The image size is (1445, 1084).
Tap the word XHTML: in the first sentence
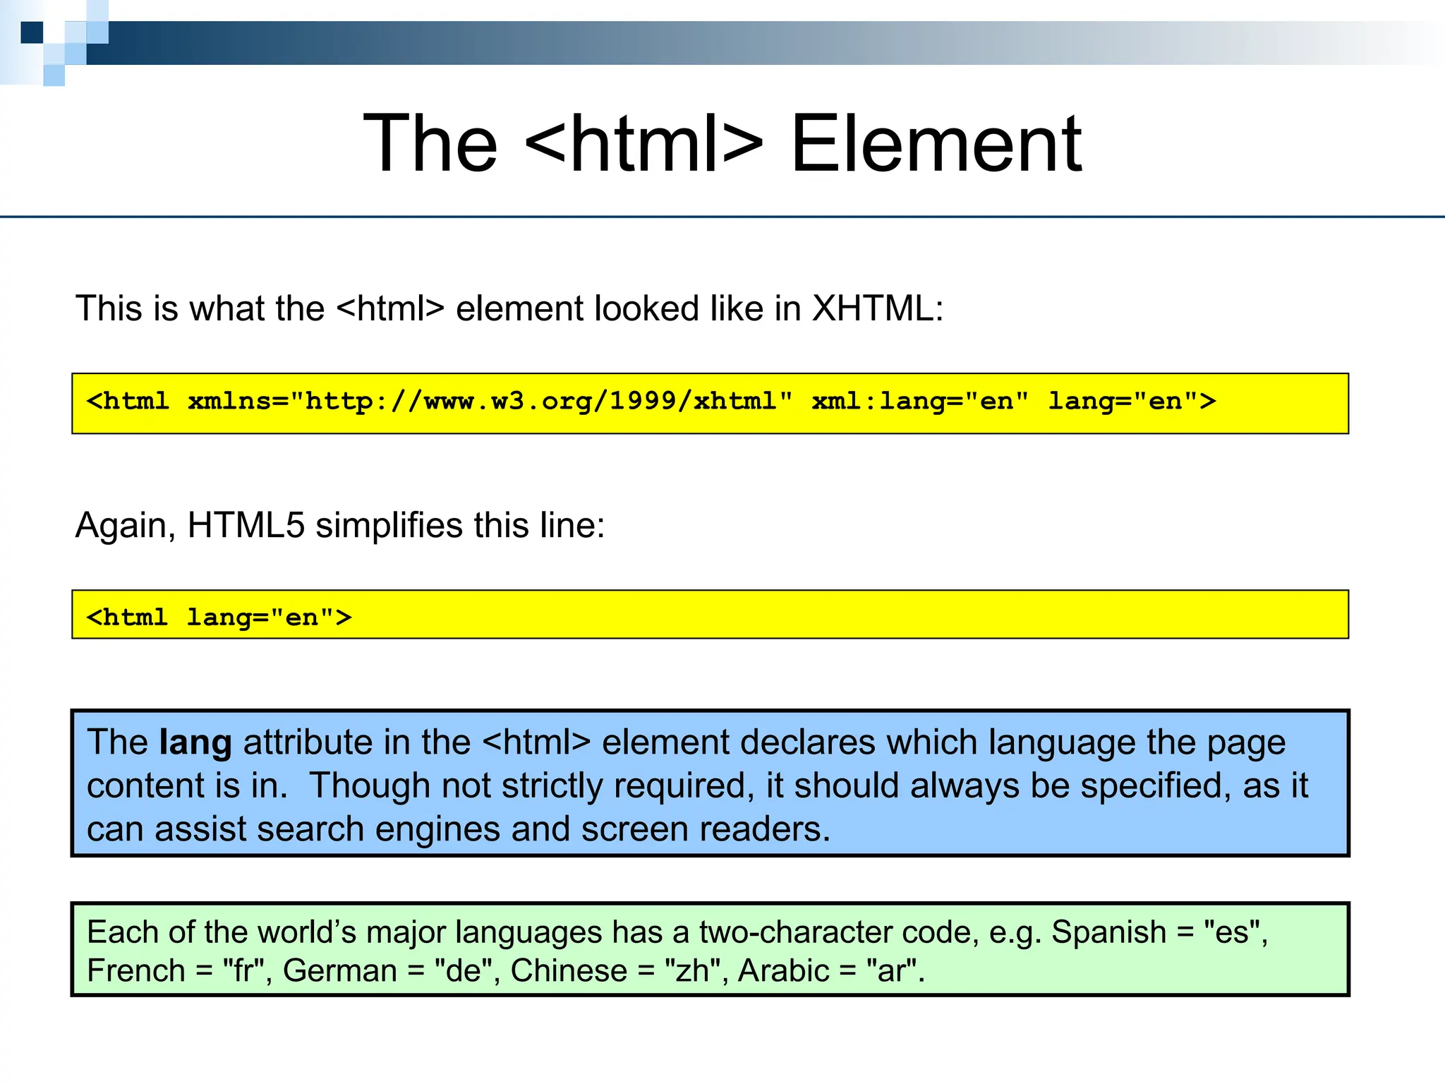877,308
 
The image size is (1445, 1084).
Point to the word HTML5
246,525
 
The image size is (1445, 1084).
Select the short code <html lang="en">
219,618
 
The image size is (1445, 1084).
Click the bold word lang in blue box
195,742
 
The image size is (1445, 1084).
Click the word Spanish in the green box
1108,932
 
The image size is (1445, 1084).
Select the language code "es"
1233,932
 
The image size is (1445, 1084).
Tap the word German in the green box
339,971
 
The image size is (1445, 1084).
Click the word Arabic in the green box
783,971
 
